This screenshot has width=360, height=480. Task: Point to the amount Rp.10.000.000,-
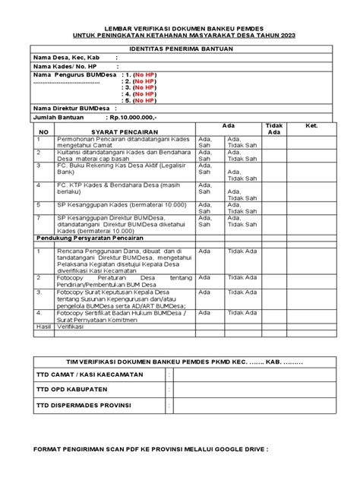point(132,118)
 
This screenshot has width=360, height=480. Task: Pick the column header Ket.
point(311,125)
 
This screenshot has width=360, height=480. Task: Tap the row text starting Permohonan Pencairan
point(122,142)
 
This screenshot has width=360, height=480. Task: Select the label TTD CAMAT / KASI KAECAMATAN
point(86,375)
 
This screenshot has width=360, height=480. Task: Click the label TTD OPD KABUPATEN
point(73,390)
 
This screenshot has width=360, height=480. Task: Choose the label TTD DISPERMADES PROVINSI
point(84,406)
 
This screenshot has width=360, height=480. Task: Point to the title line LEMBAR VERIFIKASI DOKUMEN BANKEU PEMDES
point(180,25)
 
